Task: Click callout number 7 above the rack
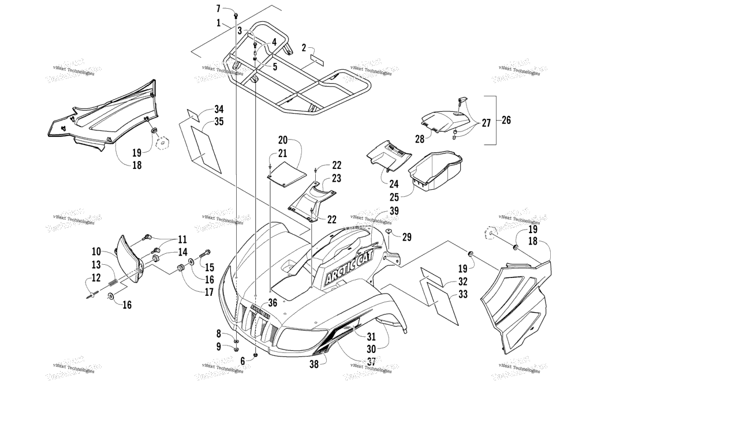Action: pyautogui.click(x=218, y=9)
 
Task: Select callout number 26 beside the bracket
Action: pyautogui.click(x=506, y=120)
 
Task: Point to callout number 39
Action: pyautogui.click(x=394, y=211)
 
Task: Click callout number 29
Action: pyautogui.click(x=407, y=237)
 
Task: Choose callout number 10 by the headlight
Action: pyautogui.click(x=96, y=251)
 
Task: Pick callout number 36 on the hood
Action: pyautogui.click(x=273, y=302)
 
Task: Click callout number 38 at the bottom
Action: pyautogui.click(x=314, y=364)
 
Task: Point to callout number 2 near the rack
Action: pyautogui.click(x=304, y=48)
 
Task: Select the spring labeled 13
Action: pyautogui.click(x=114, y=284)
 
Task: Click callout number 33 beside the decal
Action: pyautogui.click(x=463, y=294)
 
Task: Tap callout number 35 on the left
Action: pyautogui.click(x=203, y=122)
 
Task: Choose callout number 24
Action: pyautogui.click(x=394, y=185)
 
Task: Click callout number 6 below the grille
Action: pyautogui.click(x=242, y=361)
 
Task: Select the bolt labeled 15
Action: pyautogui.click(x=205, y=253)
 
